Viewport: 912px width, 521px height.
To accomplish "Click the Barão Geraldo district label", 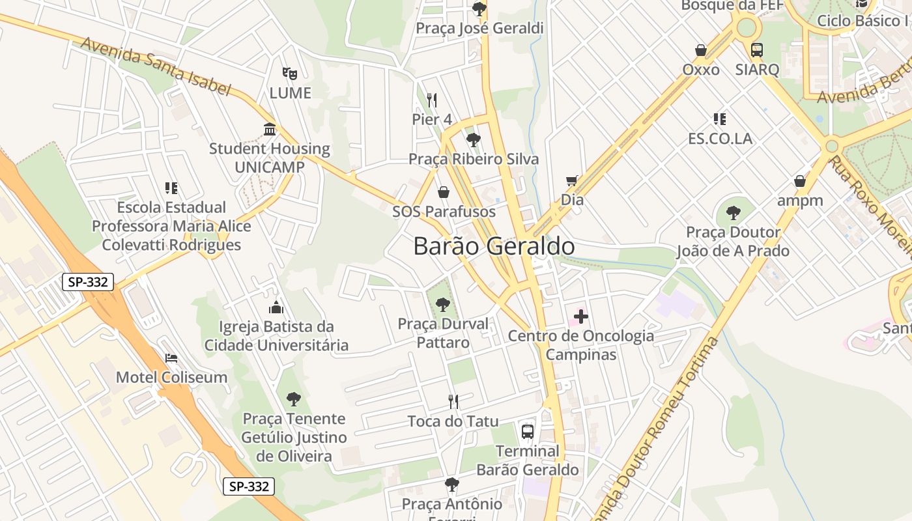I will coord(494,247).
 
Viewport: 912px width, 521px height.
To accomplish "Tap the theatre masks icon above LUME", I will coord(289,74).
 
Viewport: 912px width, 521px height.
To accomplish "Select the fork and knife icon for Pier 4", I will coord(432,100).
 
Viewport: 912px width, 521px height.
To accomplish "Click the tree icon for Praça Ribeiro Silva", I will coord(474,140).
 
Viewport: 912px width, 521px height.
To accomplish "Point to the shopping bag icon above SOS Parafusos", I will coord(444,192).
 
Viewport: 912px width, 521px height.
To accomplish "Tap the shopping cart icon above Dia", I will coord(572,180).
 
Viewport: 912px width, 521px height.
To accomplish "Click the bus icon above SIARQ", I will coord(757,50).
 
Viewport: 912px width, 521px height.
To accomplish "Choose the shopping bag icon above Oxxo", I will coord(701,50).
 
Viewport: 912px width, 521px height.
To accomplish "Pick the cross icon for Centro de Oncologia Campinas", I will coord(581,317).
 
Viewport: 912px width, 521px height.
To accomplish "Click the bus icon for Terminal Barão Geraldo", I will coord(528,432).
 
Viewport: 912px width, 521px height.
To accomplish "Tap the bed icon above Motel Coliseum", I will coord(171,358).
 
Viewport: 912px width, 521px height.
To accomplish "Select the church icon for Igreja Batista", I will coord(276,307).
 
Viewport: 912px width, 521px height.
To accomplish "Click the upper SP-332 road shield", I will coord(89,282).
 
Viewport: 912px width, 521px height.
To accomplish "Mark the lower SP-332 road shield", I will coord(249,486).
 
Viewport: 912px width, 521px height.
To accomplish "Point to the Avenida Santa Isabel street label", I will coord(156,66).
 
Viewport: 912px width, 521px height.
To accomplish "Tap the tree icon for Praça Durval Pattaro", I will coord(443,304).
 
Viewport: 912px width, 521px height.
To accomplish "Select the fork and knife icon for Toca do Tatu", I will coord(453,402).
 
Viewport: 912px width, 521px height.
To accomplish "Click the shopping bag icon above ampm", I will coord(800,181).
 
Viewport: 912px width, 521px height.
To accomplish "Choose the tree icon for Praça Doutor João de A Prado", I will coord(734,212).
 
